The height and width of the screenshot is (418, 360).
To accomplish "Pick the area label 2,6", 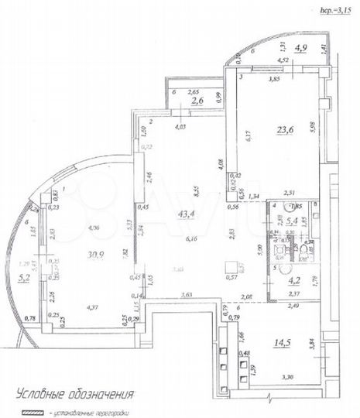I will pyautogui.click(x=197, y=100).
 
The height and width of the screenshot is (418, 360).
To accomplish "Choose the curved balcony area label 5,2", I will pyautogui.click(x=24, y=274).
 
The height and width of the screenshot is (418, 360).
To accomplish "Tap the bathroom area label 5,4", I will pyautogui.click(x=293, y=221).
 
